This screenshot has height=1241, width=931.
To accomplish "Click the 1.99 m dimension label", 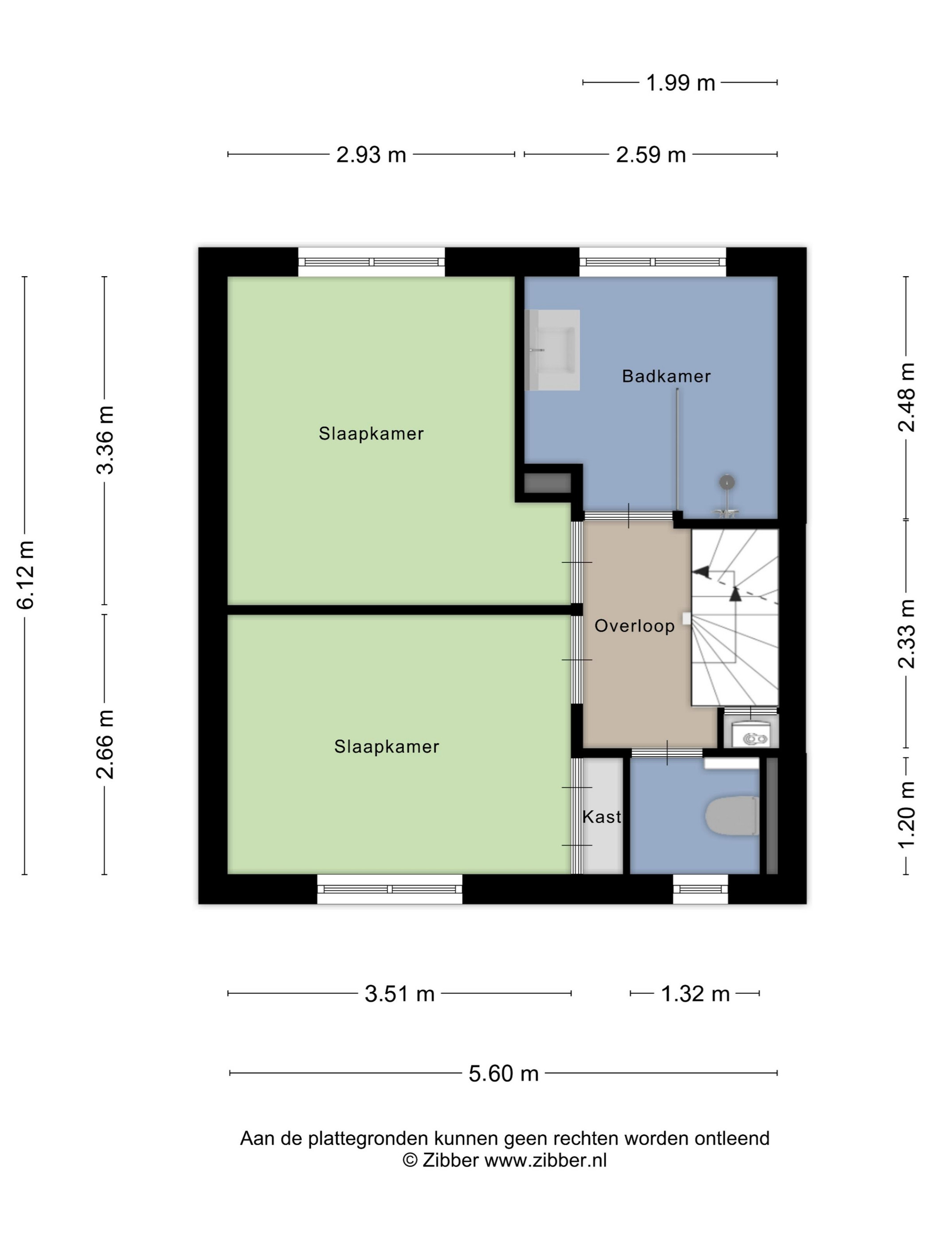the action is point(680,83).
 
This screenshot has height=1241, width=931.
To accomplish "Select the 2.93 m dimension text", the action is point(371,155).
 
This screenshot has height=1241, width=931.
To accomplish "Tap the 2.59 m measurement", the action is point(651,155).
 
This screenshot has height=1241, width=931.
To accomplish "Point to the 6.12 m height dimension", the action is point(26,574).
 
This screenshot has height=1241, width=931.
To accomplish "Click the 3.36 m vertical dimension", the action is point(105,440).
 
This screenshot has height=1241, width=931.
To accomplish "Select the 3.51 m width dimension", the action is point(399,994).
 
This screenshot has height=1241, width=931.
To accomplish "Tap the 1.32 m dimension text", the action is point(695,994).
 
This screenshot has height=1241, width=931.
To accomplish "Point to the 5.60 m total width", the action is point(503,1074).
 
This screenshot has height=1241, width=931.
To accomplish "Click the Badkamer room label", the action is point(666,376).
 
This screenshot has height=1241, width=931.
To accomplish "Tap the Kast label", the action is point(602,817).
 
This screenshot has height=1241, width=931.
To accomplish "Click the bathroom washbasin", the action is point(553,350).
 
